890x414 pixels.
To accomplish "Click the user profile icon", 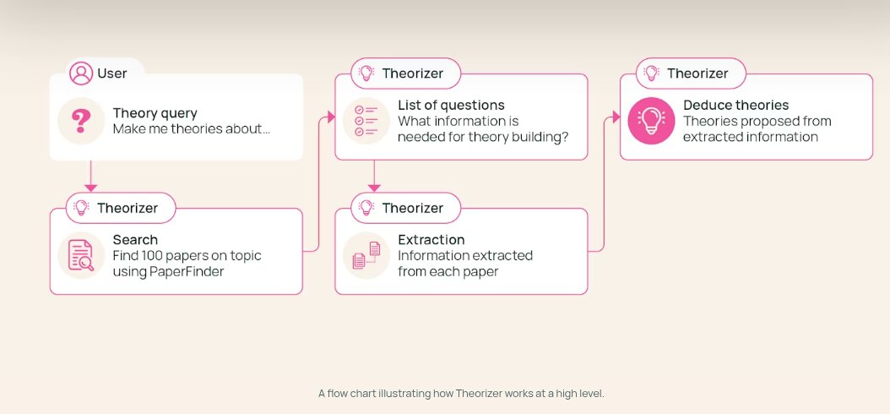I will coord(81,74).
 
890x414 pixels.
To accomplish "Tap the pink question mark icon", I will coord(81,120).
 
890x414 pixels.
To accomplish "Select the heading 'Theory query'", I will coord(155,112).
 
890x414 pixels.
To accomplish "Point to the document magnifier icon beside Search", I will coord(81,255).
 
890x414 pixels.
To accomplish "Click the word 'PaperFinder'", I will coord(189,271).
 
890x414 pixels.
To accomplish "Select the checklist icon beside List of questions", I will coord(366,120).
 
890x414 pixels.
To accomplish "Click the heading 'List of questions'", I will coord(451,105).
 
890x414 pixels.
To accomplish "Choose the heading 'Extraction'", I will coord(431,239).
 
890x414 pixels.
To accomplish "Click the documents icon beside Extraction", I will coord(366,255).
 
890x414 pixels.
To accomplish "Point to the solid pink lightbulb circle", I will coord(651,120).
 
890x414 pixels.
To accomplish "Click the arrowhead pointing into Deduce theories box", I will coord(615,117).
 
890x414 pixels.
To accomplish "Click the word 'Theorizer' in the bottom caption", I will coord(480,394).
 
